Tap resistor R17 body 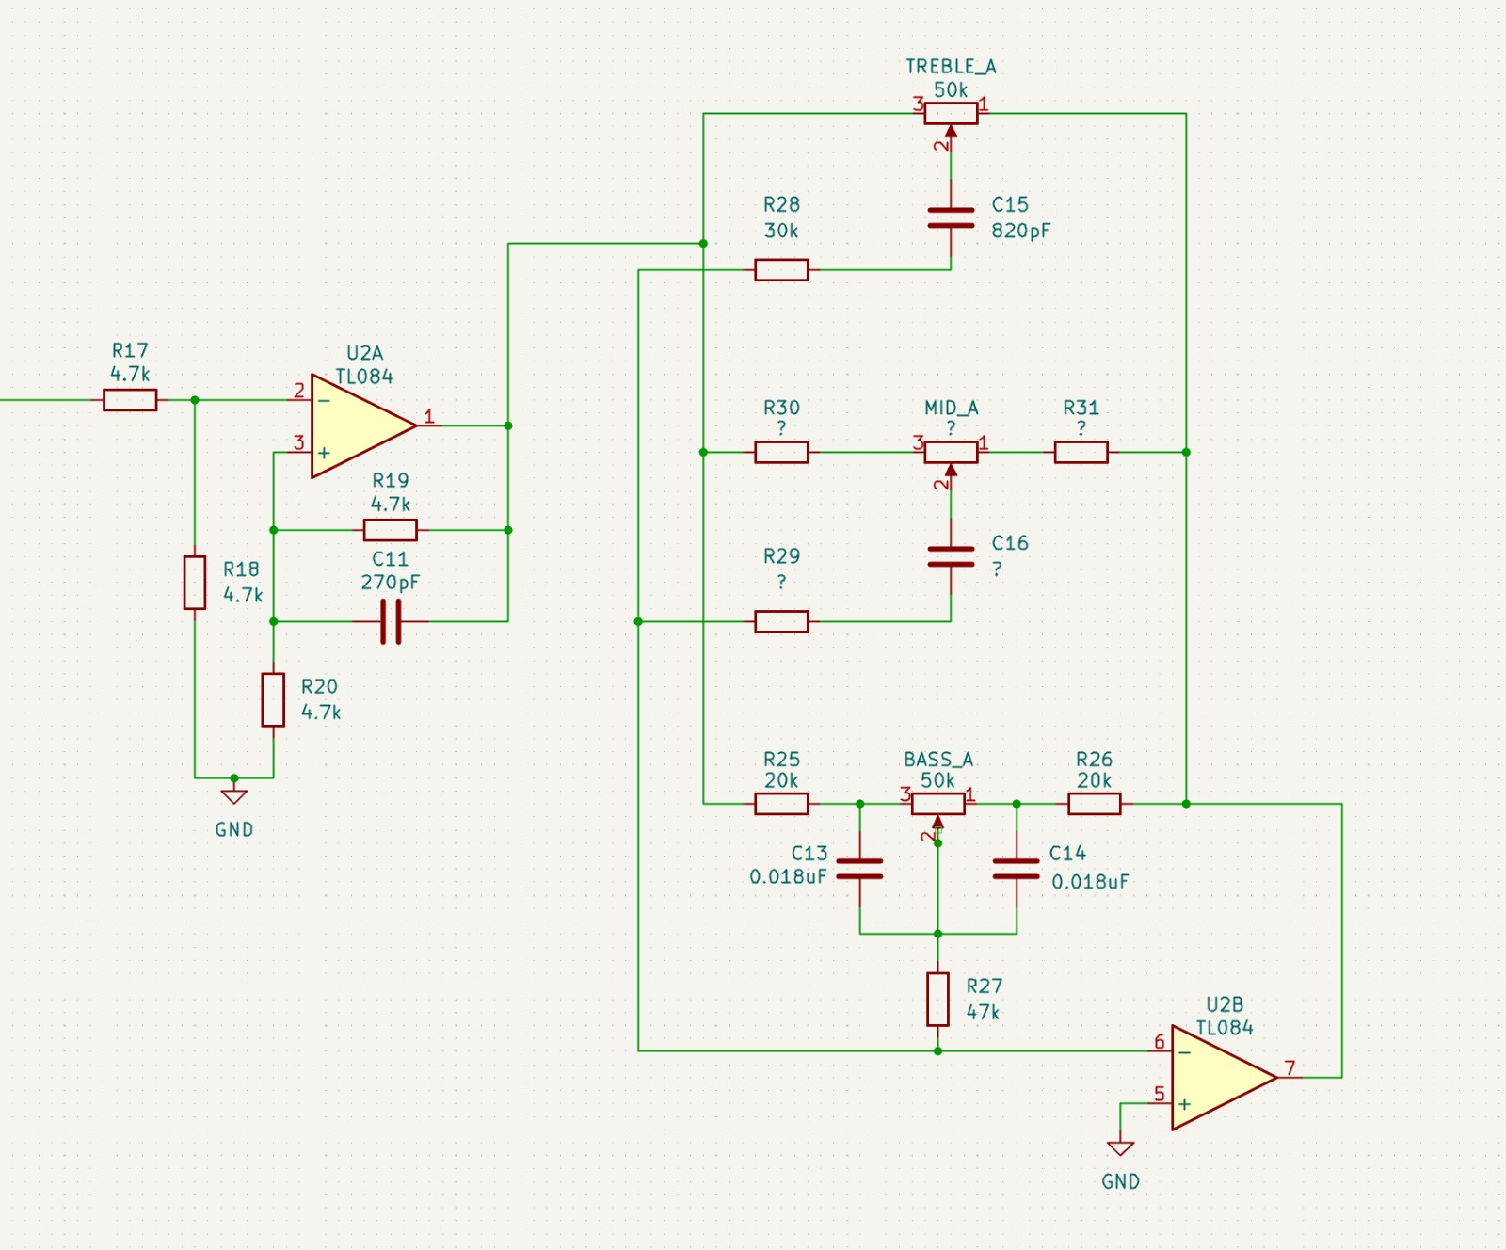click(x=130, y=400)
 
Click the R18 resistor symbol click(x=195, y=583)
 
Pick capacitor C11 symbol click(x=391, y=621)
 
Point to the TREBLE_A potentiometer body click(x=951, y=114)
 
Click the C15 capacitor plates click(x=951, y=218)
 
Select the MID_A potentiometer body click(x=951, y=452)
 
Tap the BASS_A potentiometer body click(x=937, y=804)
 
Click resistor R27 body click(x=937, y=999)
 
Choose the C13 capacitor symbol click(x=859, y=869)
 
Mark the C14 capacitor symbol click(x=1017, y=869)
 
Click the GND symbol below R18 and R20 click(x=234, y=796)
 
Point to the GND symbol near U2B click(x=1120, y=1148)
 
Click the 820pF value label click(x=1020, y=231)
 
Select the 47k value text click(x=983, y=1012)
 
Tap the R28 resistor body click(x=781, y=270)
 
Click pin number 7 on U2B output click(x=1290, y=1067)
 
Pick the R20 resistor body click(x=273, y=699)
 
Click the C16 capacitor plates click(x=951, y=556)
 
